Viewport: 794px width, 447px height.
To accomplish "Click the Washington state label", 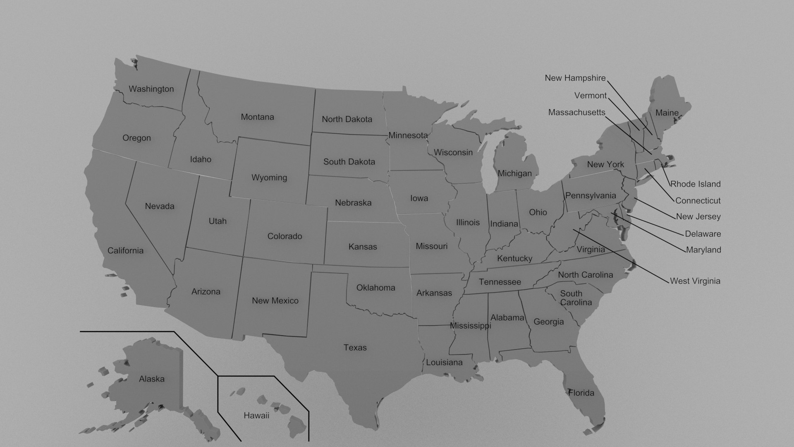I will click(x=151, y=89).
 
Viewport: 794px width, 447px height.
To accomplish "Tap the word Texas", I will click(x=355, y=348).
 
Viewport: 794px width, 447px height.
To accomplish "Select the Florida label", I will click(x=581, y=393).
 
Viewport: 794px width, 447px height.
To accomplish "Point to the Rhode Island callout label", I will click(x=695, y=184).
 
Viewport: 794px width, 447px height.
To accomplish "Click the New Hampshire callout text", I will click(x=575, y=78).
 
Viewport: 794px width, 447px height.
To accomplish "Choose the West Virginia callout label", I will click(x=695, y=281).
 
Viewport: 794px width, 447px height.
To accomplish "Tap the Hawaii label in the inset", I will click(x=256, y=416).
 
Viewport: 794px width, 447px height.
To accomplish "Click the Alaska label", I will click(x=152, y=379).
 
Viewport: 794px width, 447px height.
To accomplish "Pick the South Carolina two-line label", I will click(x=576, y=298).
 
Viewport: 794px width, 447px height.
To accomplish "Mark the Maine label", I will click(x=667, y=113).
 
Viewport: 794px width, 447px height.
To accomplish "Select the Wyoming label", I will click(x=269, y=178).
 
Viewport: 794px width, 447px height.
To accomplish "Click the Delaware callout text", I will click(x=703, y=234).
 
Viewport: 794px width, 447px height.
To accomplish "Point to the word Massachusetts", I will click(x=576, y=113).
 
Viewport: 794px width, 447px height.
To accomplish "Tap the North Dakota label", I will click(x=347, y=119).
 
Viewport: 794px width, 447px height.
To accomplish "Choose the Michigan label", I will click(x=514, y=173).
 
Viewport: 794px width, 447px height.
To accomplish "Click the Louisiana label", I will click(x=444, y=363).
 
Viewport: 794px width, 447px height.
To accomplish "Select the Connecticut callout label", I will click(x=698, y=201).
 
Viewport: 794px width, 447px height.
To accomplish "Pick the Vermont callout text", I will click(x=590, y=96).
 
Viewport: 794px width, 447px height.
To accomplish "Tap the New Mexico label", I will click(x=275, y=301).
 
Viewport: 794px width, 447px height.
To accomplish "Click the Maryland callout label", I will click(x=703, y=250).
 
